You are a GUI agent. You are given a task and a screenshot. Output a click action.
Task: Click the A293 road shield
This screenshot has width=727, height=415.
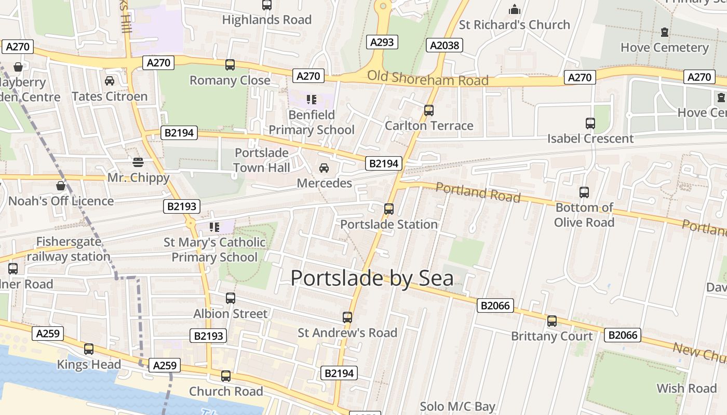pyautogui.click(x=382, y=42)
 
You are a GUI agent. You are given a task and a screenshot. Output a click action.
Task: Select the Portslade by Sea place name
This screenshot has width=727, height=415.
pyautogui.click(x=372, y=278)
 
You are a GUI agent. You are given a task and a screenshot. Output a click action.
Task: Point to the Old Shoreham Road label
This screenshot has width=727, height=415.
pyautogui.click(x=428, y=78)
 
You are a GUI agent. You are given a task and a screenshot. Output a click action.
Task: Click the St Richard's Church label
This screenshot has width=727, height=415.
pyautogui.click(x=514, y=25)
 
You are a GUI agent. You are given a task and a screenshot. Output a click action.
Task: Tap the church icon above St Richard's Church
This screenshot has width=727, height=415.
pyautogui.click(x=515, y=9)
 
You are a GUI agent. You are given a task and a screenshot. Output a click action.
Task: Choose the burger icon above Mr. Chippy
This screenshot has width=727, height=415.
pyautogui.click(x=138, y=162)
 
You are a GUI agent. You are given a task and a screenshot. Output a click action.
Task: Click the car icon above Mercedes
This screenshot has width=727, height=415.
pyautogui.click(x=324, y=168)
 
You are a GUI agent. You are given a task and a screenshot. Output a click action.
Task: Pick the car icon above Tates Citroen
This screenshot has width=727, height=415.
pyautogui.click(x=110, y=81)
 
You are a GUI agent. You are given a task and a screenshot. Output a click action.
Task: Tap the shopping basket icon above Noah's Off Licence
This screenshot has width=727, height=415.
pyautogui.click(x=61, y=186)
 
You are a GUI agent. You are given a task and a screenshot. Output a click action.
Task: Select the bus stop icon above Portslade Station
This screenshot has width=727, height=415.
pyautogui.click(x=389, y=209)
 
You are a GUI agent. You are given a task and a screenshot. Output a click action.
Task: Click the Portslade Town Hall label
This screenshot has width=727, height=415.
pyautogui.click(x=262, y=160)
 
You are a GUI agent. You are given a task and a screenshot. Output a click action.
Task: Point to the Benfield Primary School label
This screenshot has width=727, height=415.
pyautogui.click(x=312, y=122)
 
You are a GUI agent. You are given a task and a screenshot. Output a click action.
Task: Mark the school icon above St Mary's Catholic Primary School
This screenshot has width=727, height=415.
pyautogui.click(x=214, y=227)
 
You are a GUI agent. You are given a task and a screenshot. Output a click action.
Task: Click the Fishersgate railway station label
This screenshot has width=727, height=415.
pyautogui.click(x=69, y=250)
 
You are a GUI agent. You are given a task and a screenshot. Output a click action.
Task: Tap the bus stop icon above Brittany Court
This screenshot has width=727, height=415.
pyautogui.click(x=552, y=321)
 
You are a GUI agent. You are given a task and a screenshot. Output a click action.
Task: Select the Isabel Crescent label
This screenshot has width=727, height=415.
pyautogui.click(x=590, y=139)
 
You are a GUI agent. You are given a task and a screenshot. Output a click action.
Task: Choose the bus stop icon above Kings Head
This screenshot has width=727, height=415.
pyautogui.click(x=89, y=349)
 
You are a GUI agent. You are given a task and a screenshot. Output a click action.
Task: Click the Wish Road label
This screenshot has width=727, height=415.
pyautogui.click(x=686, y=389)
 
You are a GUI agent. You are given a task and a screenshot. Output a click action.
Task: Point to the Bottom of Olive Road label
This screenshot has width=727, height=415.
pyautogui.click(x=584, y=215)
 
